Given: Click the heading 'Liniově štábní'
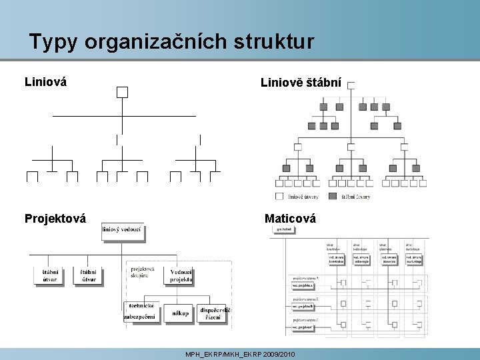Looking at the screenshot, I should click(x=301, y=83).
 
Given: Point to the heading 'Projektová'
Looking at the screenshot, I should click(x=55, y=218).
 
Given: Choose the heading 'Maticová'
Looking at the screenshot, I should click(x=290, y=218).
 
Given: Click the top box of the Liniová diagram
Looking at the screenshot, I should click(x=122, y=92).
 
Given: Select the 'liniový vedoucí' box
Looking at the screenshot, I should click(x=122, y=230).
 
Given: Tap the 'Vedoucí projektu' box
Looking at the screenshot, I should click(x=181, y=275).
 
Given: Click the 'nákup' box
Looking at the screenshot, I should click(x=180, y=313).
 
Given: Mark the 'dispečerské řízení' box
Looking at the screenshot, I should click(x=215, y=313).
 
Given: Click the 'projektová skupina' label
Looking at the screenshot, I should click(x=143, y=272).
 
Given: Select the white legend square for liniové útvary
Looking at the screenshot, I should click(x=279, y=196).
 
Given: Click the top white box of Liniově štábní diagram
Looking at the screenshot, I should click(x=351, y=85).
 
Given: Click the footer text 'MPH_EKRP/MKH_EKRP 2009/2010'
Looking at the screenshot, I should click(x=240, y=354).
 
